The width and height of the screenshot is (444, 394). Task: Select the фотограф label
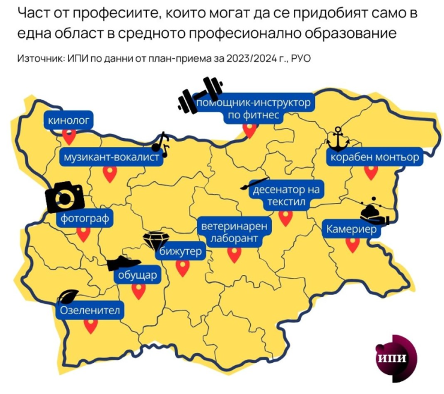click(x=85, y=219)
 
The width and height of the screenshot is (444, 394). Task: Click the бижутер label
click(x=179, y=252)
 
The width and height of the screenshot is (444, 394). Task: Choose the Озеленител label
click(x=90, y=311)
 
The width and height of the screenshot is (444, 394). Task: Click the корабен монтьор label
click(x=373, y=158)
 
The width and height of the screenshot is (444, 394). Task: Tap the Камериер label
click(x=351, y=229)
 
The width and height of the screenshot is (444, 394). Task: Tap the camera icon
click(x=65, y=196)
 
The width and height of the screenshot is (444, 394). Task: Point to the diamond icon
click(x=154, y=240)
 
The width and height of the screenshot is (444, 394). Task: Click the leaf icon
click(x=67, y=296)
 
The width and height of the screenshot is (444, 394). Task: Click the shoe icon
click(x=124, y=263)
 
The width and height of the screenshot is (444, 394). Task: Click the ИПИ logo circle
click(x=394, y=358)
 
